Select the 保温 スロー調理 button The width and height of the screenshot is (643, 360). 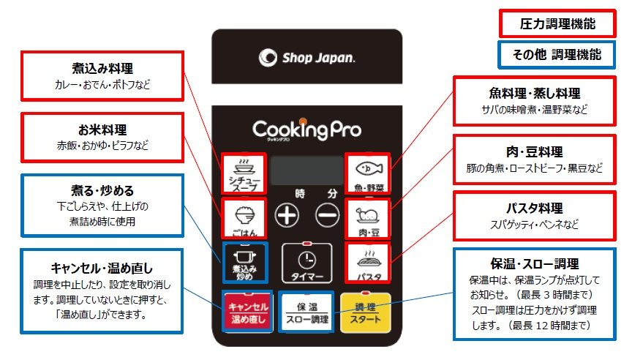(x=306, y=313)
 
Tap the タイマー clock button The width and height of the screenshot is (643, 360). (x=306, y=263)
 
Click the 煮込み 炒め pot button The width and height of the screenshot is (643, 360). (x=244, y=263)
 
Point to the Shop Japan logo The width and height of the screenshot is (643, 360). (x=307, y=57)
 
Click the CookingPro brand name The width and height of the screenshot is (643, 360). (x=307, y=130)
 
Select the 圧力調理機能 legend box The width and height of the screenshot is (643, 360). (x=557, y=23)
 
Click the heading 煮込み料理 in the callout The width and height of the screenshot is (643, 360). (x=102, y=70)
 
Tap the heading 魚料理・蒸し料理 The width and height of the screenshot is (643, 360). (x=534, y=94)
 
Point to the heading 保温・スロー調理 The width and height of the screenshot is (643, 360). (x=534, y=264)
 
